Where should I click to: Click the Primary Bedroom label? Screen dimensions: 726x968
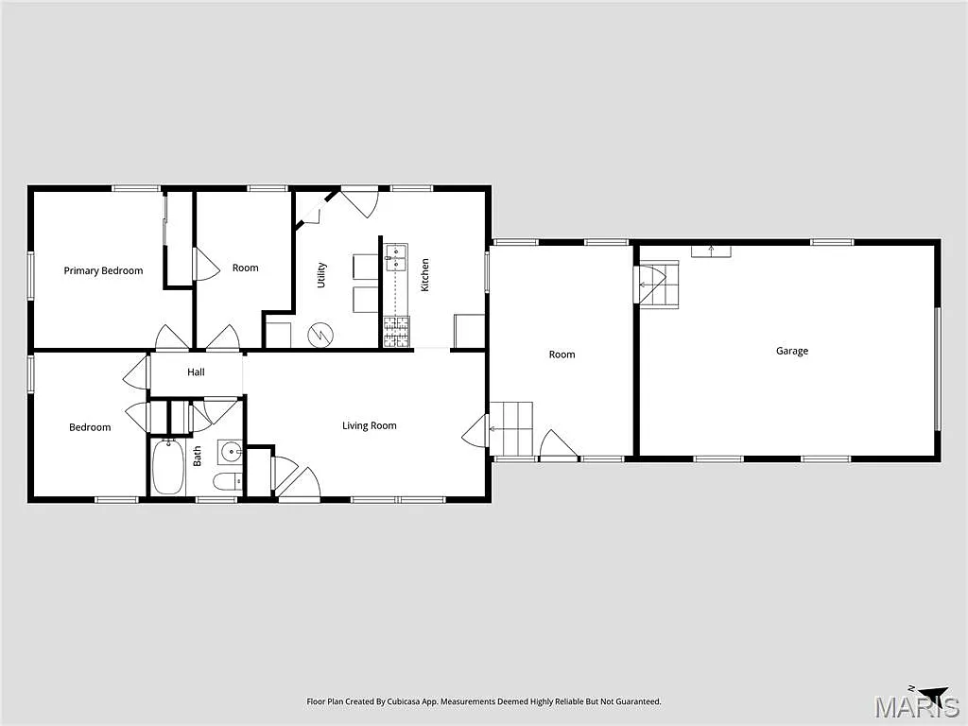pyautogui.click(x=103, y=270)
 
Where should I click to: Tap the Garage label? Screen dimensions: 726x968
pyautogui.click(x=792, y=351)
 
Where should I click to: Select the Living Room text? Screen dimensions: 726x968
pyautogui.click(x=369, y=425)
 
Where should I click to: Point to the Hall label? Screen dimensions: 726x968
pyautogui.click(x=196, y=372)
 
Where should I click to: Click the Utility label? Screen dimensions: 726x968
pyautogui.click(x=322, y=274)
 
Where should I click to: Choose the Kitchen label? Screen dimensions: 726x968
pyautogui.click(x=425, y=274)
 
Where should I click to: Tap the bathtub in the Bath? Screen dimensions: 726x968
pyautogui.click(x=168, y=467)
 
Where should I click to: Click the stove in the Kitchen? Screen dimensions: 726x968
pyautogui.click(x=396, y=331)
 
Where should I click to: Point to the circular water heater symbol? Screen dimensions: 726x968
pyautogui.click(x=322, y=333)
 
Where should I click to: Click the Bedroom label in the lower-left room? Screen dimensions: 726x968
pyautogui.click(x=90, y=427)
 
